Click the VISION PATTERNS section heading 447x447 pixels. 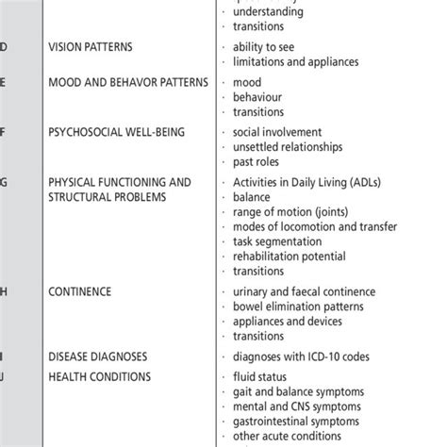91,46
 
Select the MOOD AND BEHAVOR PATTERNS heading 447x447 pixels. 127,82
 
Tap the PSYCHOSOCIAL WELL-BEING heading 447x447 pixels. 116,132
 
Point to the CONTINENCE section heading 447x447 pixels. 79,291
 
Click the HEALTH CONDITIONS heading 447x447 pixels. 99,377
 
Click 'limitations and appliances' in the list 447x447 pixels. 295,61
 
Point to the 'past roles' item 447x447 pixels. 259,161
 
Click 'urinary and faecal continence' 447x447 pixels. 305,291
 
